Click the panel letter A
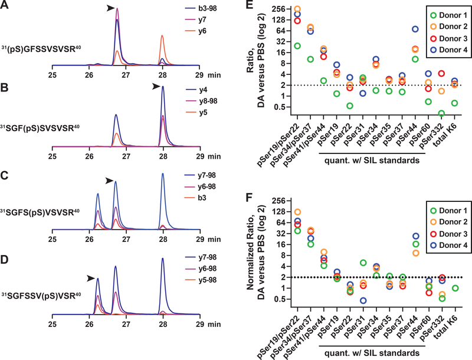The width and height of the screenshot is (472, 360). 6,6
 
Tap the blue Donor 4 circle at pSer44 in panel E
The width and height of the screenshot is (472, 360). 415,29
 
